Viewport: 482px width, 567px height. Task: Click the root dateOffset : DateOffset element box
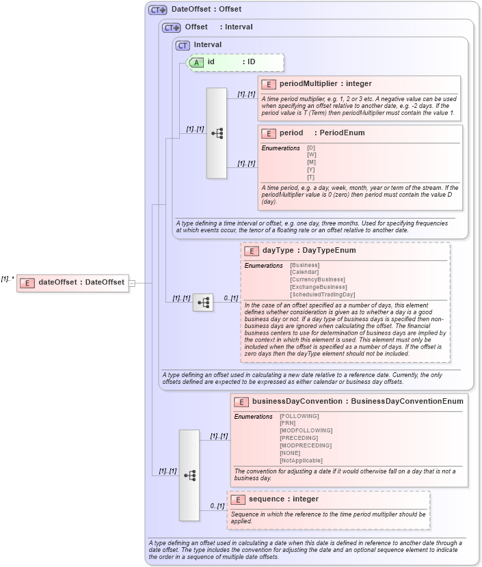pos(72,282)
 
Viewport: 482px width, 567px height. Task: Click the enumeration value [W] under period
pos(312,155)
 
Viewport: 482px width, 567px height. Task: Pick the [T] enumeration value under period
pos(311,178)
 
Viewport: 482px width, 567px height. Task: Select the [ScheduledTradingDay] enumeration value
pos(323,294)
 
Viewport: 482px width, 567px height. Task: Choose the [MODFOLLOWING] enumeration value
pos(306,430)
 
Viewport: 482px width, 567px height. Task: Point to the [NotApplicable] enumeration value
pos(301,460)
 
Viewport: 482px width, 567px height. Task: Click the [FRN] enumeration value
pos(287,423)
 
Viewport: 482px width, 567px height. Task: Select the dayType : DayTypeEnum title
pos(309,251)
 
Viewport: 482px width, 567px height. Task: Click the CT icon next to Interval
pos(182,45)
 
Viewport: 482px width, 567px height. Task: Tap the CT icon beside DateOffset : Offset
pos(158,10)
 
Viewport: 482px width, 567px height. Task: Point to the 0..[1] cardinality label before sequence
pos(216,506)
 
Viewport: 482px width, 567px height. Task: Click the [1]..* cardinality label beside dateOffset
pos(8,279)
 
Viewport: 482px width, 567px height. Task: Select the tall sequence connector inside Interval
pos(217,133)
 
